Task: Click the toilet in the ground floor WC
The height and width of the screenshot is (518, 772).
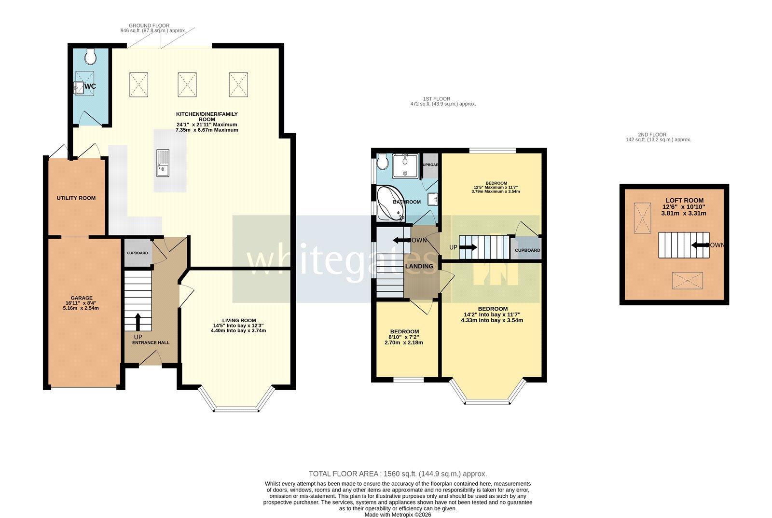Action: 90,57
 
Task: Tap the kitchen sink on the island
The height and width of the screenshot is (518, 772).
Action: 163,164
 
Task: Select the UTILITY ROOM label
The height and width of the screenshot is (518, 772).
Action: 76,198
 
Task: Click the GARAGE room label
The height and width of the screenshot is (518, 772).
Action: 81,298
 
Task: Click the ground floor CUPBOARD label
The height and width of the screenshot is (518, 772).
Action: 138,253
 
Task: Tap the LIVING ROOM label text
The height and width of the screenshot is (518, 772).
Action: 239,321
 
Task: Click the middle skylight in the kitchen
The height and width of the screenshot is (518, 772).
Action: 187,85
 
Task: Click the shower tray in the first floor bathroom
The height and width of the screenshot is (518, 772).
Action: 405,165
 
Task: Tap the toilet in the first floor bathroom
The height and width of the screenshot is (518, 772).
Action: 383,162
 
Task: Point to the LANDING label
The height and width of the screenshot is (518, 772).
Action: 419,266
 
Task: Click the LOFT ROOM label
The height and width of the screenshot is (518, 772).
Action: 684,201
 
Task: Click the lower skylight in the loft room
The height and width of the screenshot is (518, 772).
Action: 687,281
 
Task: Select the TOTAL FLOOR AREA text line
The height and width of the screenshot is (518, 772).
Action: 398,474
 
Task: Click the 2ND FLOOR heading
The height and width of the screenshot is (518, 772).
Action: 652,135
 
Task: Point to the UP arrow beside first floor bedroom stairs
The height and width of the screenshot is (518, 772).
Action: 468,247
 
